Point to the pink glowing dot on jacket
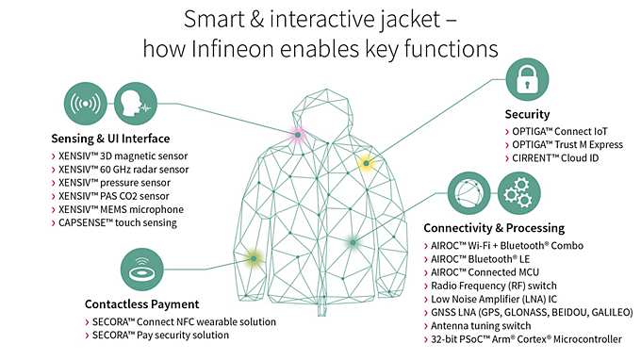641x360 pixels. click(297, 136)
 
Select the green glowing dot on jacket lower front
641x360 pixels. click(352, 242)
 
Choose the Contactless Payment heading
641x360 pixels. click(140, 303)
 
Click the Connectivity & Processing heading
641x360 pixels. click(493, 227)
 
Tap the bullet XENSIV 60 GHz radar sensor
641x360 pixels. click(125, 169)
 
